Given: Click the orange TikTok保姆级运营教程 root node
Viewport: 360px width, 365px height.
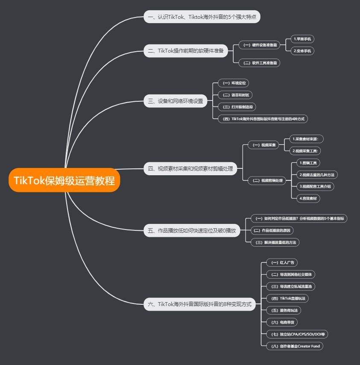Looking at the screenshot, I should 64,180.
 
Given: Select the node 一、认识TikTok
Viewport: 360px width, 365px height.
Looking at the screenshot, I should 202,17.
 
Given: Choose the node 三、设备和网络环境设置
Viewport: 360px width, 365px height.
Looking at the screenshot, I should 175,101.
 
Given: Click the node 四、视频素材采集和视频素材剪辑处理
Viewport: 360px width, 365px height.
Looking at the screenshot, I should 190,168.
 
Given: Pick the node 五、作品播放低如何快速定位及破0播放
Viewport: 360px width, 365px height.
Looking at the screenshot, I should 192,230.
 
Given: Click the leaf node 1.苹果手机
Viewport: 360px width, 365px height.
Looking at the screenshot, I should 303,39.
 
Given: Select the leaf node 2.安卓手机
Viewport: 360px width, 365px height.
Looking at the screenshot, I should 303,50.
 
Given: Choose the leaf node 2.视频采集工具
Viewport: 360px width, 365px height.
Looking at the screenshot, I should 306,150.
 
